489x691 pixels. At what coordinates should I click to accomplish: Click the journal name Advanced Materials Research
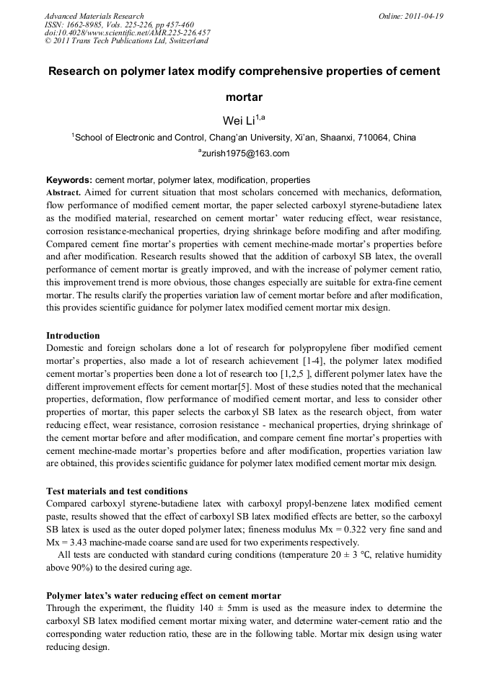tap(94, 16)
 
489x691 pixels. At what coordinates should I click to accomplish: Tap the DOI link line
tap(128, 32)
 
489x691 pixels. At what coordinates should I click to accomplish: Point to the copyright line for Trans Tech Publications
tap(126, 41)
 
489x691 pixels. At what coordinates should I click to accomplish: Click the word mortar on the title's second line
tap(244, 96)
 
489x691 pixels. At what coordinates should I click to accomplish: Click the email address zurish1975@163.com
tap(245, 153)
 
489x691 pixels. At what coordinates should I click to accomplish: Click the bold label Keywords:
tap(69, 180)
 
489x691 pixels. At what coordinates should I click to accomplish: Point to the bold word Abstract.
tap(63, 193)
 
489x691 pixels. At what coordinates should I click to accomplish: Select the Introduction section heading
tap(73, 336)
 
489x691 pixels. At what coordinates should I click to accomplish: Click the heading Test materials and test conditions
tap(117, 491)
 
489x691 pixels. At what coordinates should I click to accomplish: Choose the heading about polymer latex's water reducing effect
tap(163, 595)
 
